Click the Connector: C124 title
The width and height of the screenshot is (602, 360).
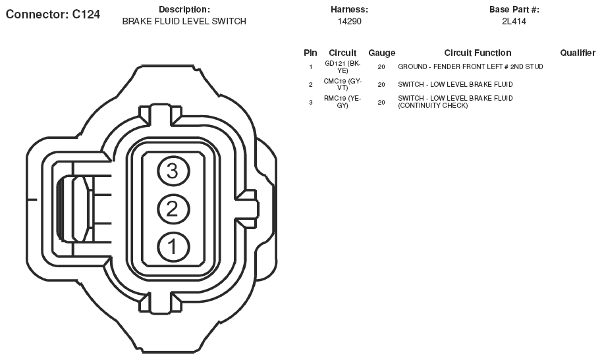[53, 14]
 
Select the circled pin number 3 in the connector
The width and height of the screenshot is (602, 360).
[173, 171]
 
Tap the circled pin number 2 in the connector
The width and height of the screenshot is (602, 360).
[173, 209]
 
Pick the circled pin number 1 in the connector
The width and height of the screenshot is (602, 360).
[173, 247]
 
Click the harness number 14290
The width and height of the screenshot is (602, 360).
[349, 22]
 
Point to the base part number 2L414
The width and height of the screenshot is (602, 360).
[514, 22]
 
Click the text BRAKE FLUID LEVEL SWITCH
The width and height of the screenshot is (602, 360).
[184, 22]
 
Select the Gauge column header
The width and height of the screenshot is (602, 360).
[381, 53]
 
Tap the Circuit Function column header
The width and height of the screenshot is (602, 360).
[478, 53]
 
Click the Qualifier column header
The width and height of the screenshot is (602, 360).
[578, 53]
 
